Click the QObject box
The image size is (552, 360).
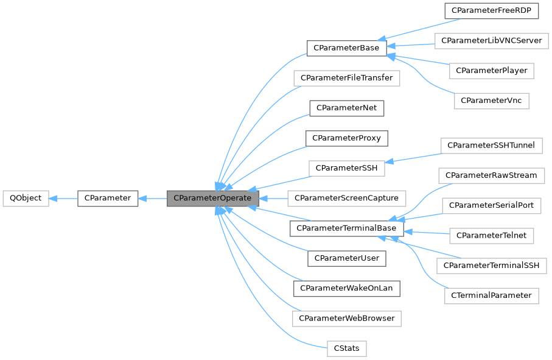(26, 198)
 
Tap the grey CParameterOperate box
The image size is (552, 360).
(213, 198)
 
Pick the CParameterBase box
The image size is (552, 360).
(346, 48)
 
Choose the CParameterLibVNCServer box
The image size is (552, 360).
(492, 41)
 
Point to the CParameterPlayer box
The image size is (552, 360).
(492, 71)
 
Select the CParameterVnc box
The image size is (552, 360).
(492, 100)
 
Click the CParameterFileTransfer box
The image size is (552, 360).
(346, 78)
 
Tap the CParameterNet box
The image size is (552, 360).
(346, 108)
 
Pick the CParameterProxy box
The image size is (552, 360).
(346, 138)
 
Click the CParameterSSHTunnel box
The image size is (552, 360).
(491, 146)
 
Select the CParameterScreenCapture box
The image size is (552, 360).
(346, 198)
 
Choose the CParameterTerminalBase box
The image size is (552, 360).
(346, 228)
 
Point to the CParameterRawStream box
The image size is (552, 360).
(491, 175)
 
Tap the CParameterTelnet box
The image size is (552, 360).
(491, 235)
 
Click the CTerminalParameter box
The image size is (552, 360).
(491, 295)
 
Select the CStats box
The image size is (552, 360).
(346, 349)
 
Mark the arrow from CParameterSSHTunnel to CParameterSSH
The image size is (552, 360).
(414, 156)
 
